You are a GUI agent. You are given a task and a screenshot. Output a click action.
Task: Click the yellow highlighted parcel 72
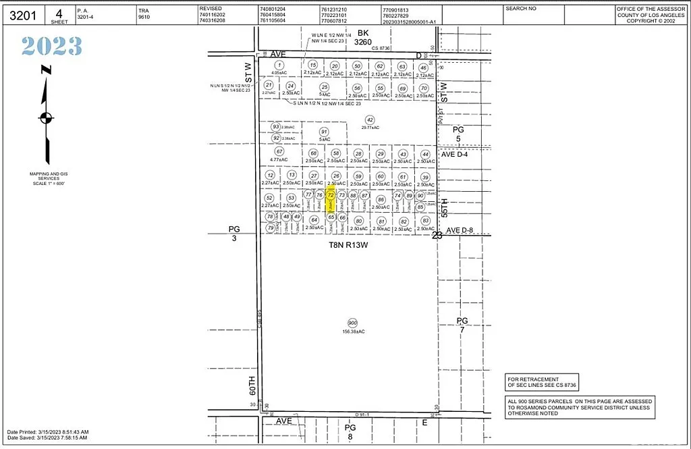point(331,201)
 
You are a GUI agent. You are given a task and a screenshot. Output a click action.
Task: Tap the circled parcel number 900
point(352,323)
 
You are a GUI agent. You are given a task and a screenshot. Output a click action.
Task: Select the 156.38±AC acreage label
point(352,332)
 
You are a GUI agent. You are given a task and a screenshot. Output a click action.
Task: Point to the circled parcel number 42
point(369,120)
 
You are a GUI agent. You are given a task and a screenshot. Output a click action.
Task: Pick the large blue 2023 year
point(51,46)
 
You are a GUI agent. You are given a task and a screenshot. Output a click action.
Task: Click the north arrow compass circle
point(46,118)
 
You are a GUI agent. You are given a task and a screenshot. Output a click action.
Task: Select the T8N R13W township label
point(348,246)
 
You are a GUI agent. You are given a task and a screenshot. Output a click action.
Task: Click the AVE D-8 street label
point(462,230)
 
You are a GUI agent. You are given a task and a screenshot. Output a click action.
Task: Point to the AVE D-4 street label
point(458,154)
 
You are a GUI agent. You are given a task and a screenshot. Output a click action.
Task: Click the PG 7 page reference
point(462,325)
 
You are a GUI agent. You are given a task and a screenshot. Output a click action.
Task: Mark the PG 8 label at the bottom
point(350,431)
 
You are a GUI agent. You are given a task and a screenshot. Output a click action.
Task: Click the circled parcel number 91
point(324,132)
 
